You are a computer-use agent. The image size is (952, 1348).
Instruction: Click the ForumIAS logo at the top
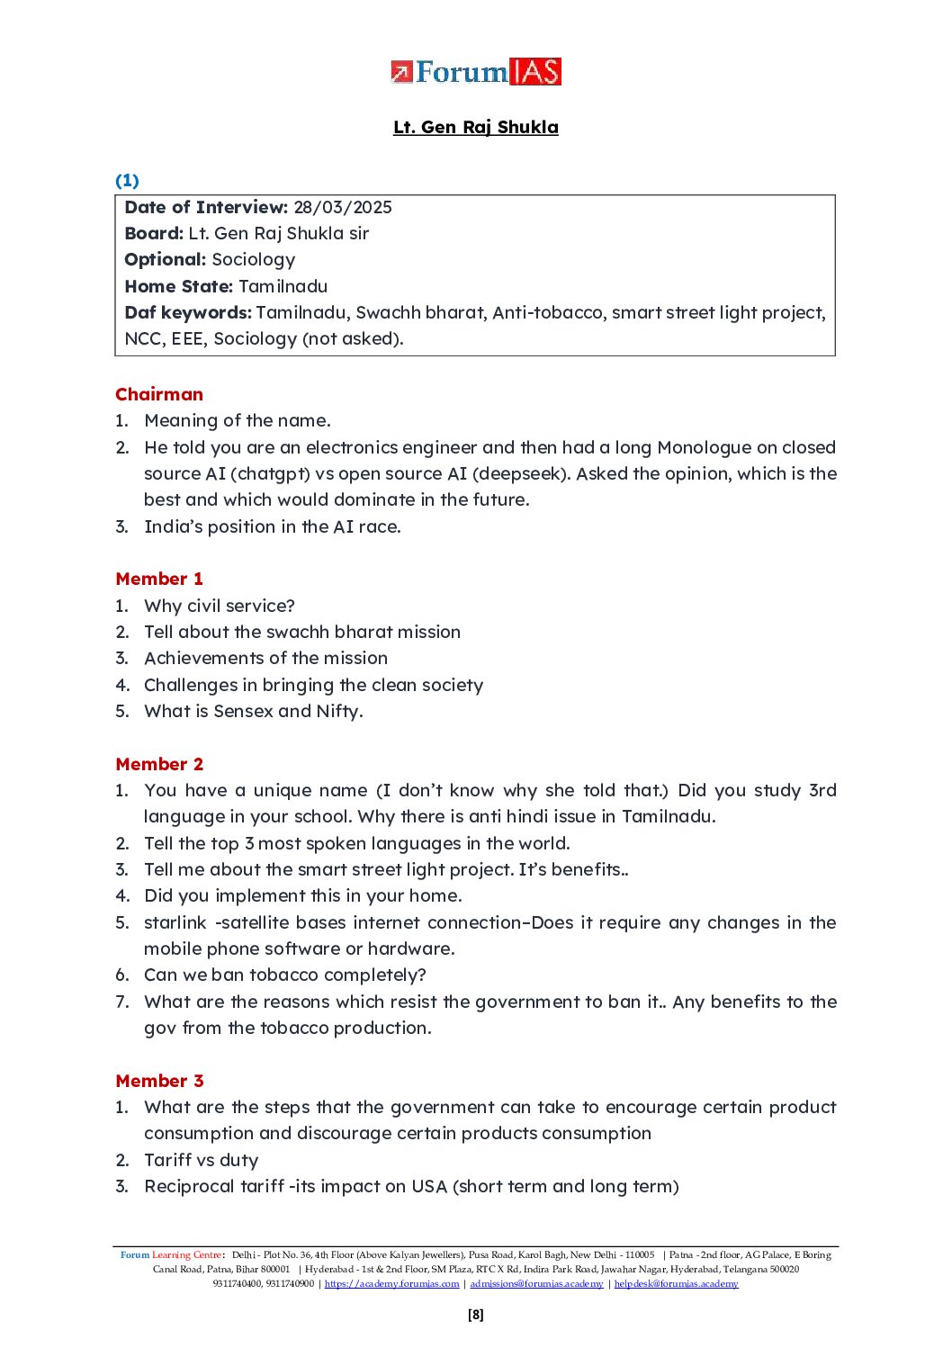[x=476, y=72]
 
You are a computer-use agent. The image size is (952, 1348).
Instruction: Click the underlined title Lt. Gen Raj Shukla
[x=476, y=127]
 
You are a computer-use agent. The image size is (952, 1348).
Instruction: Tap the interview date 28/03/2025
[x=343, y=207]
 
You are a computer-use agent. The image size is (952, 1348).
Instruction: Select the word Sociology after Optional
[x=254, y=260]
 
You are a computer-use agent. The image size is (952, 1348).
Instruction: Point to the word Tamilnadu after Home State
[x=283, y=286]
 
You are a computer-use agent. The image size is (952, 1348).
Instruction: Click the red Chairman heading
[x=159, y=394]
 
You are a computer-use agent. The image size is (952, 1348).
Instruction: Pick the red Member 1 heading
[x=159, y=579]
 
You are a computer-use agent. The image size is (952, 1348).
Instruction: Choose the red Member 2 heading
[x=159, y=764]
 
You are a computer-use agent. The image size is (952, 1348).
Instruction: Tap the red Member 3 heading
[x=159, y=1081]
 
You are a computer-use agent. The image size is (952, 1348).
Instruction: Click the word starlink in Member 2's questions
[x=175, y=922]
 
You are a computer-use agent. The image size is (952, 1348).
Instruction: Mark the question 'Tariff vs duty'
[x=202, y=1160]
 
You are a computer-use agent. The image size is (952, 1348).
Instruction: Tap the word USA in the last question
[x=429, y=1186]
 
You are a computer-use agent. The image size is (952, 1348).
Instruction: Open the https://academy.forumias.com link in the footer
[x=391, y=1283]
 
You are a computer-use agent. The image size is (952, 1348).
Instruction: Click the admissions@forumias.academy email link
[x=536, y=1283]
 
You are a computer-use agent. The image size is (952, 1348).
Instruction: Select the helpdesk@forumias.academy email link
[x=676, y=1283]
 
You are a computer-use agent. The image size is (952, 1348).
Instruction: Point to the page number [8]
[x=476, y=1315]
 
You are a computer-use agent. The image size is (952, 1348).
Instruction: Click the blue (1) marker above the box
[x=127, y=181]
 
